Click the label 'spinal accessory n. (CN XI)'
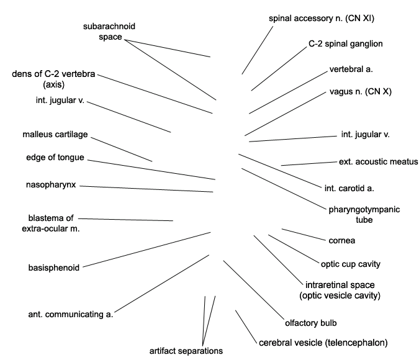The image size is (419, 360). (322, 19)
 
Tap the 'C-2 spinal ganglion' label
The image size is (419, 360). (346, 44)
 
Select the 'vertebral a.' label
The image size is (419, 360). (351, 70)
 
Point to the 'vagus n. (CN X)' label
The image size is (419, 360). (361, 92)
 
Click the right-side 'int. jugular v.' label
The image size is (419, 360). (365, 134)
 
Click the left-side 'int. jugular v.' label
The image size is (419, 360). (60, 100)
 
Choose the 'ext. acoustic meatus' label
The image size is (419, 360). (378, 162)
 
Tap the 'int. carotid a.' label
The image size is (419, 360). (349, 189)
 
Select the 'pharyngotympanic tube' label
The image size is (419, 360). (364, 215)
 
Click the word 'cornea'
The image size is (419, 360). (342, 241)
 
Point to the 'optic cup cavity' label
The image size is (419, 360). (351, 264)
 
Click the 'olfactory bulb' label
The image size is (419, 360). (311, 323)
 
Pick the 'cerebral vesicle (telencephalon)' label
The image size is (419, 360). (323, 343)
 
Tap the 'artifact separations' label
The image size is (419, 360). (186, 351)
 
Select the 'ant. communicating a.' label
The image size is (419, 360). (71, 314)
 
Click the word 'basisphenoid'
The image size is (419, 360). (54, 268)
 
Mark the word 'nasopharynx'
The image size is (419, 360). (51, 185)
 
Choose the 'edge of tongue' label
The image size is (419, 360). (55, 158)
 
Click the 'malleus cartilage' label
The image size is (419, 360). (55, 134)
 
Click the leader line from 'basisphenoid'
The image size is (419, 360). (146, 250)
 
